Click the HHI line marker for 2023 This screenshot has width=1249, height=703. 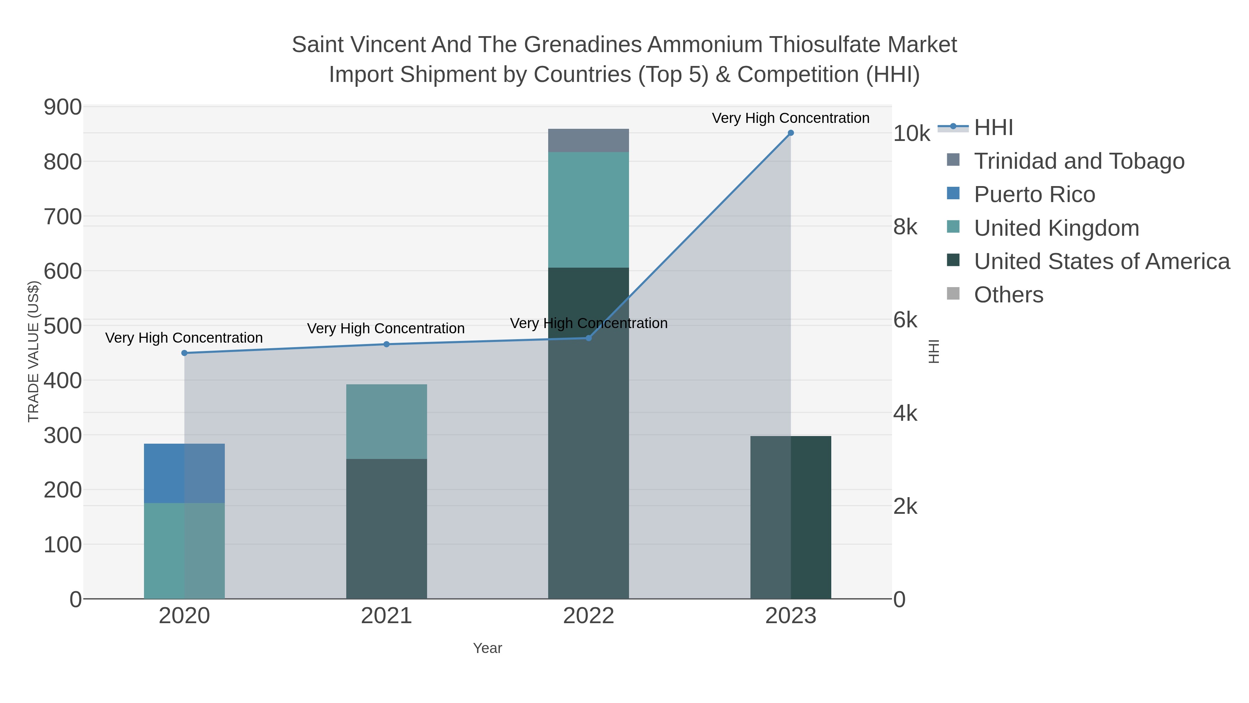(x=790, y=133)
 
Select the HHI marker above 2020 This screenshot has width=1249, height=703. (x=184, y=353)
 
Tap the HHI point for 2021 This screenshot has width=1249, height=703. (x=386, y=344)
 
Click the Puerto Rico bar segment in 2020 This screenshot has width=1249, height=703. (x=184, y=473)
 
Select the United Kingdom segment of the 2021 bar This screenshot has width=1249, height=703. (x=386, y=421)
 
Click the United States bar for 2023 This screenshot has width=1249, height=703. (x=790, y=517)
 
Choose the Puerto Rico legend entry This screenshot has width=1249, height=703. (x=1034, y=194)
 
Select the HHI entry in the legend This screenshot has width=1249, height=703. (x=993, y=128)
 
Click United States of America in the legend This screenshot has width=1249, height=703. (x=1101, y=261)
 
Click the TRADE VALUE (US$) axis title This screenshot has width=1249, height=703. (x=33, y=351)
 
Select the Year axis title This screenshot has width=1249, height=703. (x=487, y=648)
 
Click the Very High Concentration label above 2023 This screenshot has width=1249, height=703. (x=790, y=118)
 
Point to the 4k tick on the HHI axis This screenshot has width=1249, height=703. (x=905, y=413)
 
